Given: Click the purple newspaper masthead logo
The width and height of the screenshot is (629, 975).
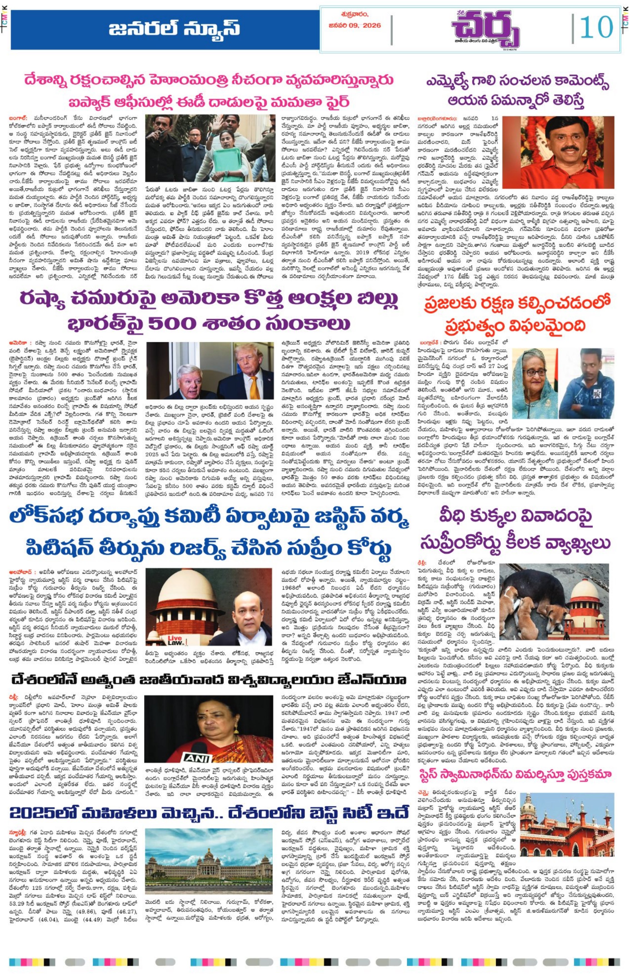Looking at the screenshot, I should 485,29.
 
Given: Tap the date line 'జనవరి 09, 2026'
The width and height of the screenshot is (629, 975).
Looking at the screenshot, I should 355,25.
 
